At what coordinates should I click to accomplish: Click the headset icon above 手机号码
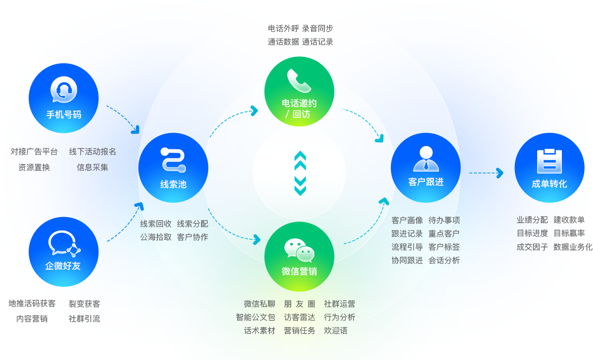point(64,90)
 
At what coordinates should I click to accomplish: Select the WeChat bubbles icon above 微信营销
point(299,250)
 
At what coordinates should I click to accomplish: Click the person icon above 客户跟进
point(425,158)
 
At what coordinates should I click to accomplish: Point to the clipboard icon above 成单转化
point(549,161)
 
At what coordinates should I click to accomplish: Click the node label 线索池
point(173,184)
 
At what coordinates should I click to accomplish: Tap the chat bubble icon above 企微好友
point(64,243)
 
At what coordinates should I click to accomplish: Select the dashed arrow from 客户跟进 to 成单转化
point(485,173)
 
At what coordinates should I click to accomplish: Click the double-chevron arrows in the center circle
point(300,173)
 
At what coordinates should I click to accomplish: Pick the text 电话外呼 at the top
point(283,29)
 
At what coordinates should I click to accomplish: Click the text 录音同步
point(318,29)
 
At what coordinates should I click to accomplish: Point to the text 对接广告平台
point(34,151)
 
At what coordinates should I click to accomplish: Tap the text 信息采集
point(92,167)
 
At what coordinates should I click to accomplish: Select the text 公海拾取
point(156,237)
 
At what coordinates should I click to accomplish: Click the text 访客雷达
point(299,317)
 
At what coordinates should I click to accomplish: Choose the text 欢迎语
point(336,330)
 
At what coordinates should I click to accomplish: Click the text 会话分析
point(444,260)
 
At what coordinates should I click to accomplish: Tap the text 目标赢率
point(569,233)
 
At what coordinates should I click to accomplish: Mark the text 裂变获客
point(84,304)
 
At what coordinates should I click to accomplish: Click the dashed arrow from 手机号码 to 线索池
point(123,119)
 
